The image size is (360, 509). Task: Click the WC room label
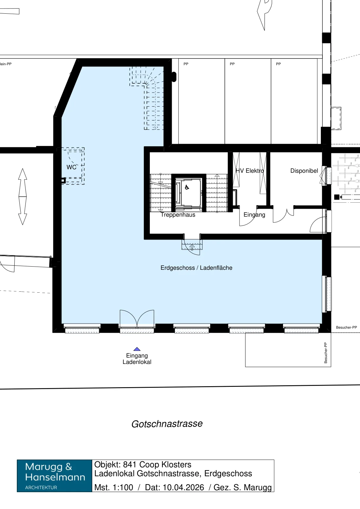(x=71, y=167)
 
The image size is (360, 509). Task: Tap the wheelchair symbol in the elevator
(x=187, y=187)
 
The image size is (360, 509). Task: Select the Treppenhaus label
(x=178, y=215)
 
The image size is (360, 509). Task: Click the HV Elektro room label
(x=250, y=171)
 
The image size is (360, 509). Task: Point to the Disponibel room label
(x=304, y=171)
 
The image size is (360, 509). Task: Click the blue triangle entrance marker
(x=137, y=349)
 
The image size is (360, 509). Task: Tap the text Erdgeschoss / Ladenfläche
(x=197, y=268)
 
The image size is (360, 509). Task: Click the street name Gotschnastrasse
(x=167, y=424)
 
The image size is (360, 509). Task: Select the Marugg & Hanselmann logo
(x=54, y=476)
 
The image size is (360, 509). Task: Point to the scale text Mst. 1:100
(x=114, y=487)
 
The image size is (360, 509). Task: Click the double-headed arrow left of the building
(x=23, y=197)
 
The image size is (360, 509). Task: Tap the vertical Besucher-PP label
(x=326, y=353)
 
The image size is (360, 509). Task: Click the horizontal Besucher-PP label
(x=346, y=327)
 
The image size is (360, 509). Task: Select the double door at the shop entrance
(x=137, y=318)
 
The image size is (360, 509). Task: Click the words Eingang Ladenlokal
(x=137, y=359)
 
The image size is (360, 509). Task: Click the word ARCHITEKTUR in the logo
(x=41, y=487)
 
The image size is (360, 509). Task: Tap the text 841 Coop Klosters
(x=157, y=465)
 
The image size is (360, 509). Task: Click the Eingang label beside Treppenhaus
(x=254, y=215)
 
